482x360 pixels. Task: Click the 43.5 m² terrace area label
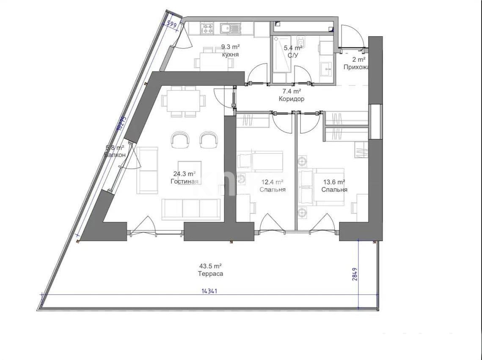211,266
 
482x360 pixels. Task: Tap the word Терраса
211,274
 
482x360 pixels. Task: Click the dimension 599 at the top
171,24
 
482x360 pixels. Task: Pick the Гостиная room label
185,181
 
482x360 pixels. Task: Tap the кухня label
230,55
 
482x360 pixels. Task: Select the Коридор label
292,99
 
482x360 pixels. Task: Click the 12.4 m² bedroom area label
272,182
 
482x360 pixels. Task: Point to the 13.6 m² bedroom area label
334,182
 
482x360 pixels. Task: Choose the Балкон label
115,155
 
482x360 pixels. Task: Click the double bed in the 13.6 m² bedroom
321,186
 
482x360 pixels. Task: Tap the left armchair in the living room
180,139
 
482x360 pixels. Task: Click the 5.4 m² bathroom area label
293,48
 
